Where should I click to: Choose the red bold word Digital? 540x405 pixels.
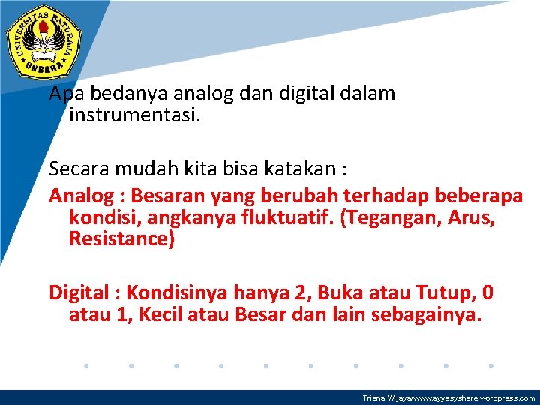(80, 292)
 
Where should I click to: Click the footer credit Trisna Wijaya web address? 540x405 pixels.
(448, 398)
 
